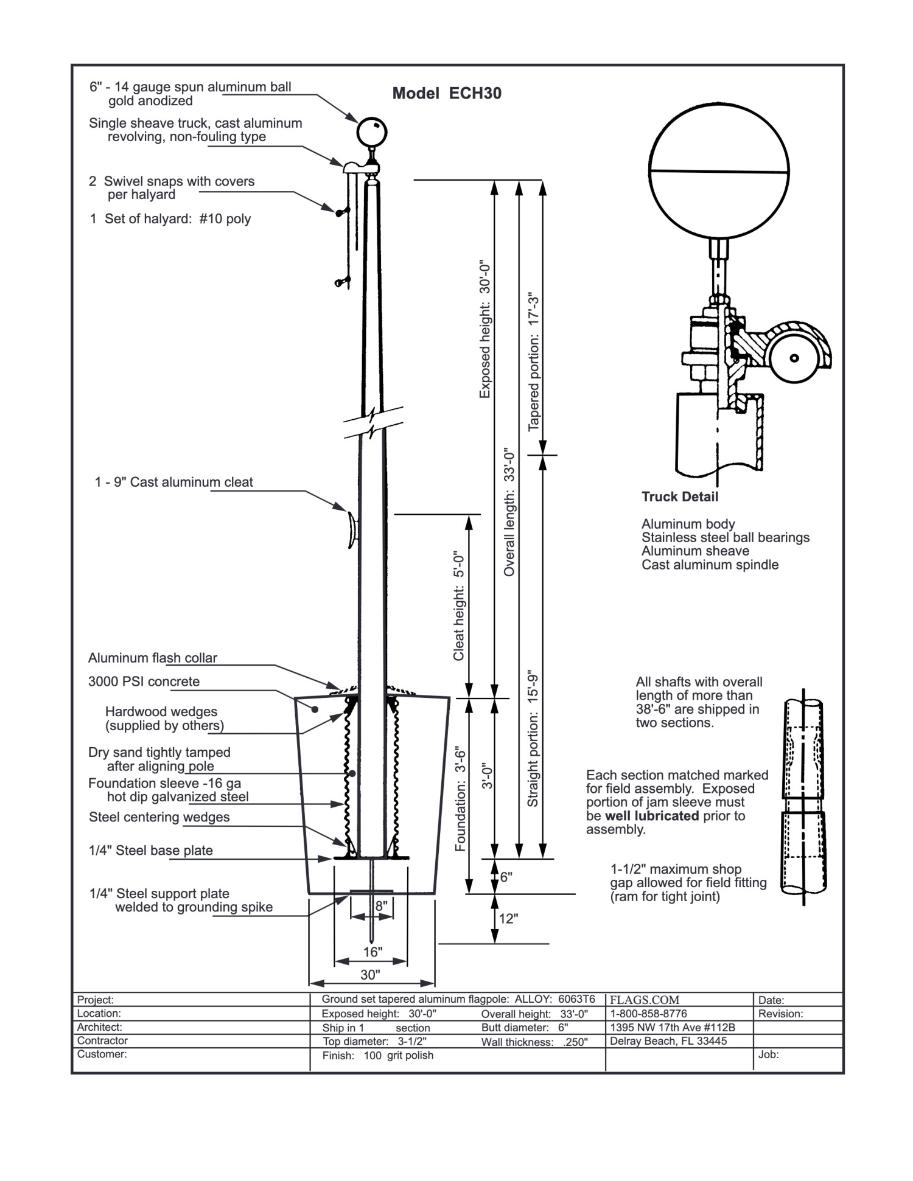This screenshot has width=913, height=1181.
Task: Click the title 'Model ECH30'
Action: tap(447, 93)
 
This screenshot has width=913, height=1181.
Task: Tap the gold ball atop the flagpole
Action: tap(372, 132)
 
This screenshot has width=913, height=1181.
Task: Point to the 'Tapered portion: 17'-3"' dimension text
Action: tap(534, 363)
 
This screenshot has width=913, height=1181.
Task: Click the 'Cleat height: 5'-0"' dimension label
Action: tap(459, 607)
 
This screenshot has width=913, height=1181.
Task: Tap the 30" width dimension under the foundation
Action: tap(370, 975)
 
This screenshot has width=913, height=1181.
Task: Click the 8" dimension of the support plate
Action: tap(381, 906)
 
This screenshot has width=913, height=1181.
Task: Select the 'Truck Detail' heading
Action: tap(680, 496)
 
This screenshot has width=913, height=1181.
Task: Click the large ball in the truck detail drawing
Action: tap(719, 169)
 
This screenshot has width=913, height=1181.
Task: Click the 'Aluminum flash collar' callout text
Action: tap(153, 658)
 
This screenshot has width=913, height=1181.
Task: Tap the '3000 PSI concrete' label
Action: tap(144, 681)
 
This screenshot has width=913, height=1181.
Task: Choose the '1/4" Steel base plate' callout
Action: tap(151, 850)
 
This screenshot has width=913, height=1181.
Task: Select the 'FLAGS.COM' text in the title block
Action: tap(645, 1000)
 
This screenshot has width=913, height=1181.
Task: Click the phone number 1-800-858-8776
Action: tap(649, 1014)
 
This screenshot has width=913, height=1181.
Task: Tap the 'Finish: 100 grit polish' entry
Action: tap(378, 1056)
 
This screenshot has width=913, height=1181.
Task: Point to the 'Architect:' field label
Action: tap(100, 1027)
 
